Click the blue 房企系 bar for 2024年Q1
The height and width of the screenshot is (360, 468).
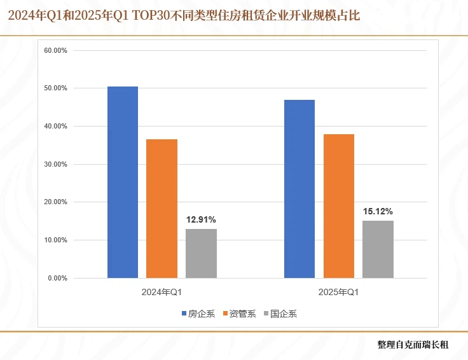click(123, 182)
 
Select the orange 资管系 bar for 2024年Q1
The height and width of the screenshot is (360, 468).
click(162, 209)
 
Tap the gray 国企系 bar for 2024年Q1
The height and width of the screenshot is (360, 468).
click(201, 253)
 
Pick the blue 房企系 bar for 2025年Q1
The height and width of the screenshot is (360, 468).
click(299, 189)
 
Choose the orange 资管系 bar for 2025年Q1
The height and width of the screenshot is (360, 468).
click(339, 206)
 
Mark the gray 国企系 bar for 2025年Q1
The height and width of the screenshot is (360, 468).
click(378, 249)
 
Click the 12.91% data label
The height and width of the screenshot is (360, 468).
click(201, 220)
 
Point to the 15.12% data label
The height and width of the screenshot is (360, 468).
click(378, 212)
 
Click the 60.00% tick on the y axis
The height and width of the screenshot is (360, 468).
click(56, 50)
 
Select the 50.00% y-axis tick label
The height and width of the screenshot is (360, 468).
click(56, 88)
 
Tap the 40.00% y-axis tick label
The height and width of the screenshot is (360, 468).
click(56, 126)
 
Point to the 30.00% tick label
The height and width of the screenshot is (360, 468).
click(56, 164)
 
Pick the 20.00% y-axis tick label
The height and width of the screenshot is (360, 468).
click(56, 202)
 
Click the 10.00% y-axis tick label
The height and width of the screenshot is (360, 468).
click(56, 240)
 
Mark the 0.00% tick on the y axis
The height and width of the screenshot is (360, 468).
click(58, 279)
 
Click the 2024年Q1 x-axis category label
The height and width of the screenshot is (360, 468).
click(162, 293)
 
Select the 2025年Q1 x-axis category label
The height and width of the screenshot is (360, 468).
click(339, 293)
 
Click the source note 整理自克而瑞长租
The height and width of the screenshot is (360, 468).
click(413, 345)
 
